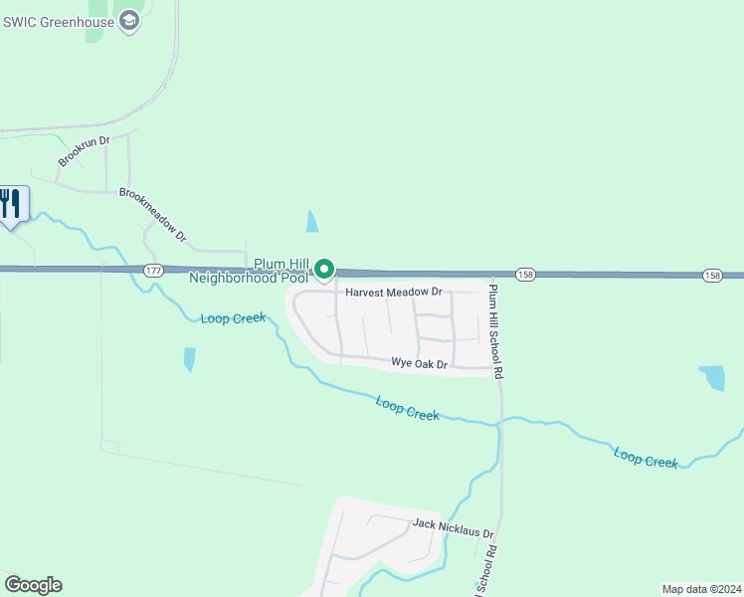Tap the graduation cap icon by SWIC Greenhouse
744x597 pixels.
[x=128, y=21]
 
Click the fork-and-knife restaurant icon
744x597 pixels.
[x=11, y=204]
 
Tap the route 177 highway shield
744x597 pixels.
[x=152, y=271]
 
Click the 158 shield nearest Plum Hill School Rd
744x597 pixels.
[x=525, y=274]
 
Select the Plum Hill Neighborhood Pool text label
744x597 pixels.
[x=250, y=271]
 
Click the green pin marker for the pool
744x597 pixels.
[x=324, y=269]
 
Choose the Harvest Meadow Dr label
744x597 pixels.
[x=394, y=293]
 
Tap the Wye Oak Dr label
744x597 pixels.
[x=420, y=364]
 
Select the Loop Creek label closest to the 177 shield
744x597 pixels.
[x=233, y=318]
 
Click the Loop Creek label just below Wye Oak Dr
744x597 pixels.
[x=408, y=408]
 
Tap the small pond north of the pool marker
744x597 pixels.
[x=313, y=221]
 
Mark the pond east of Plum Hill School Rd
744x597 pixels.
[x=712, y=377]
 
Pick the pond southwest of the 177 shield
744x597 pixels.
[x=189, y=358]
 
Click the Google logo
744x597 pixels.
[x=33, y=585]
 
